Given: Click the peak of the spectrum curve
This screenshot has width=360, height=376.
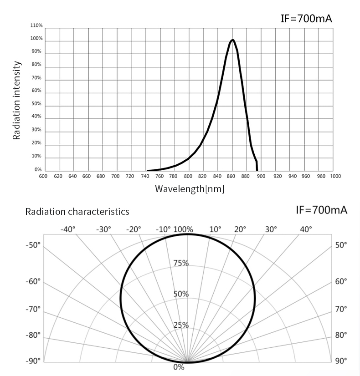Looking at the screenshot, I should point(232,40).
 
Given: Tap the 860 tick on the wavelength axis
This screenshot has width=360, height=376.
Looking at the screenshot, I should point(231,176).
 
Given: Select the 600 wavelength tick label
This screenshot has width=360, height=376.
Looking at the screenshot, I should point(43,176).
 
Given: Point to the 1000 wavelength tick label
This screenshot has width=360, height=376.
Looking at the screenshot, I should point(335,176).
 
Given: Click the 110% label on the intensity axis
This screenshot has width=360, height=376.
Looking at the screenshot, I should point(36,25).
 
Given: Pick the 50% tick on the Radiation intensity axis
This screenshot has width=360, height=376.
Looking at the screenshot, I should point(36,104).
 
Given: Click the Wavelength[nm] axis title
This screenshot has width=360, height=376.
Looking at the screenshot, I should point(190,188).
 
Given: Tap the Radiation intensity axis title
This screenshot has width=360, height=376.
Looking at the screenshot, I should point(17,100).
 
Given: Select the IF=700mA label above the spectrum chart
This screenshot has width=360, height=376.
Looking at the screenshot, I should point(306,19).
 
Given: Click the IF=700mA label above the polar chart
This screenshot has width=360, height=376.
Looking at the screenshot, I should point(322,210).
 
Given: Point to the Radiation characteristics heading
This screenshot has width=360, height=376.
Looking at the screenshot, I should point(77,212).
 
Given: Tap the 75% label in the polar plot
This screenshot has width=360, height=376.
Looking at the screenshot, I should point(181,263).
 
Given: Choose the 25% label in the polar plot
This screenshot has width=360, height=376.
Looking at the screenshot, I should point(181,325).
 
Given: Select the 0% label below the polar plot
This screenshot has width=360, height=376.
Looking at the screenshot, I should point(179,367).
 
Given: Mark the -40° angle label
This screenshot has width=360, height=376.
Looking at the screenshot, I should point(68,229).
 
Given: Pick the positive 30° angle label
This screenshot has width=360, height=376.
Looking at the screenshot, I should point(271,229).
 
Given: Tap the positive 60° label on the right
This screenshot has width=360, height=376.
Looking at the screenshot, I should point(341,281).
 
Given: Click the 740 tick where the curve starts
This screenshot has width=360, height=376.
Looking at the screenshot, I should point(144,176).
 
